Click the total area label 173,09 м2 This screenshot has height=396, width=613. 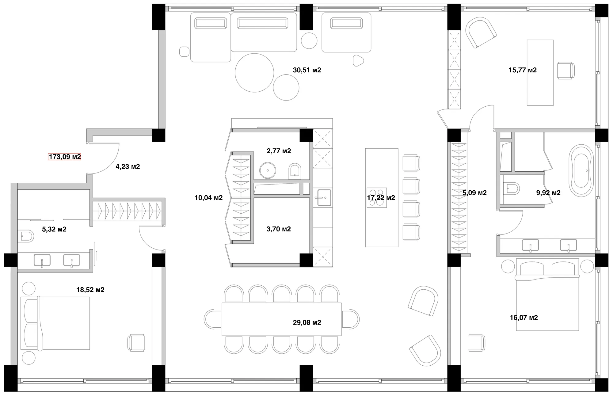click(x=65, y=157)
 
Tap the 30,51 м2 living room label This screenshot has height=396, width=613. click(x=307, y=70)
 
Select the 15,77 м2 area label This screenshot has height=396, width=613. click(x=523, y=70)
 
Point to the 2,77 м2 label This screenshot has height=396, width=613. click(x=279, y=151)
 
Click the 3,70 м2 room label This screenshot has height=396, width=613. click(x=279, y=229)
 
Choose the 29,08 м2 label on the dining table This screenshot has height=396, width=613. click(x=307, y=322)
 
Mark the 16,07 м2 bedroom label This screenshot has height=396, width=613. click(x=524, y=318)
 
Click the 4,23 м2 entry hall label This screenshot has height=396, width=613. click(x=128, y=167)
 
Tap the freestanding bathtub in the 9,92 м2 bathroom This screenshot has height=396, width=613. click(x=580, y=170)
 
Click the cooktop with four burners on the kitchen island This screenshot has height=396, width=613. click(x=377, y=198)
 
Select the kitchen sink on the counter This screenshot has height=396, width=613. click(x=323, y=198)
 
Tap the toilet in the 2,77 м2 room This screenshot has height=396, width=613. click(x=295, y=171)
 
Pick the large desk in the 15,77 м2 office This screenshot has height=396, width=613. click(x=540, y=73)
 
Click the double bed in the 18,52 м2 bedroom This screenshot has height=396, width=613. click(x=55, y=323)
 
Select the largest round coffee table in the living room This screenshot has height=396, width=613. click(x=254, y=73)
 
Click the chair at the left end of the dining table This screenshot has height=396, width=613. click(x=213, y=319)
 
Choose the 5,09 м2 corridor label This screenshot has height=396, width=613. click(x=474, y=193)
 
